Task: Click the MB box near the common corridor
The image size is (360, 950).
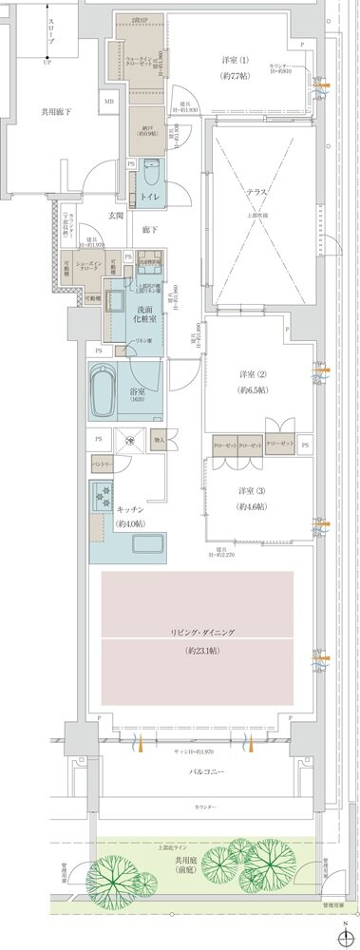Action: click(108, 101)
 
